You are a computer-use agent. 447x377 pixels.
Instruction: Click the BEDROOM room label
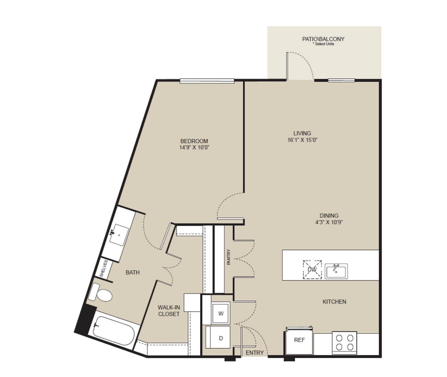pyautogui.click(x=194, y=141)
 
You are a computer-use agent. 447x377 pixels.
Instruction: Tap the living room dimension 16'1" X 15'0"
pyautogui.click(x=302, y=140)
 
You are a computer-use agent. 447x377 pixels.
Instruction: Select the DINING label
pyautogui.click(x=329, y=215)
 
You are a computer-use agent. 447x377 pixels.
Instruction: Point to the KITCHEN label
pyautogui.click(x=334, y=302)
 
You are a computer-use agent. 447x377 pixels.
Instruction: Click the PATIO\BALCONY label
pyautogui.click(x=323, y=39)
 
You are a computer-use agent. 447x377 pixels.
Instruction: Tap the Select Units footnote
pyautogui.click(x=324, y=44)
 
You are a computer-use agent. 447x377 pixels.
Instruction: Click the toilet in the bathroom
pyautogui.click(x=100, y=293)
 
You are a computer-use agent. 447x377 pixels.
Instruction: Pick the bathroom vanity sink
pyautogui.click(x=119, y=235)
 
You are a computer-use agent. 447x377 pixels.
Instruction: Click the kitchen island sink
pyautogui.click(x=336, y=271)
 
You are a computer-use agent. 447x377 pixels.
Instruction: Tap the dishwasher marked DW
pyautogui.click(x=312, y=270)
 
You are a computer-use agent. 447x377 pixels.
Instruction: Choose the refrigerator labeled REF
pyautogui.click(x=299, y=340)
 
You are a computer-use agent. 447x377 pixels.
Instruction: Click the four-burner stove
pyautogui.click(x=344, y=343)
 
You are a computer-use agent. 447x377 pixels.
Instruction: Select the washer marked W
pyautogui.click(x=221, y=314)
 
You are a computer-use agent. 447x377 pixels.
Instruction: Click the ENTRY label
pyautogui.click(x=255, y=353)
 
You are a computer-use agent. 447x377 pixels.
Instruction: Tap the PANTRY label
pyautogui.click(x=228, y=257)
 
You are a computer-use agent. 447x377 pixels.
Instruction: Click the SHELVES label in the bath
pyautogui.click(x=104, y=269)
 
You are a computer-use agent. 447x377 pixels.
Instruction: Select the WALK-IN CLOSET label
pyautogui.click(x=169, y=311)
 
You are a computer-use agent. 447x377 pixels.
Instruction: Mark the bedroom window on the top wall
pyautogui.click(x=207, y=81)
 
